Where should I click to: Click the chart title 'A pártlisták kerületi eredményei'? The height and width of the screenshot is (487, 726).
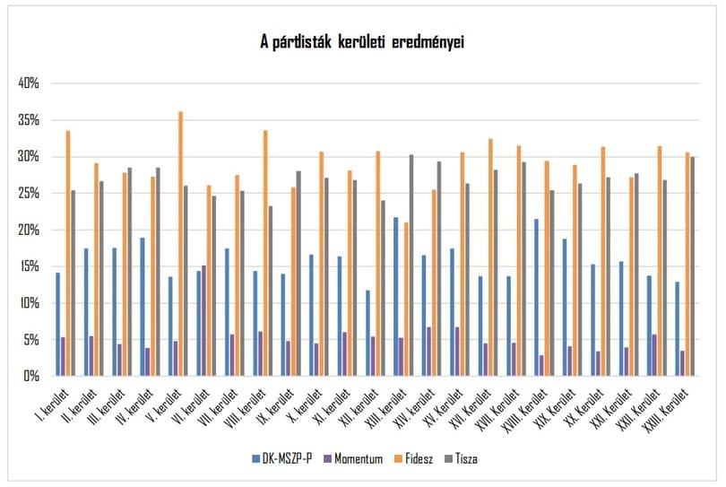tap(362, 42)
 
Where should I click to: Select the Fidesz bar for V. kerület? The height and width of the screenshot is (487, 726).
tap(180, 244)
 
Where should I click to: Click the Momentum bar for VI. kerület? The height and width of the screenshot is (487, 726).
tap(203, 321)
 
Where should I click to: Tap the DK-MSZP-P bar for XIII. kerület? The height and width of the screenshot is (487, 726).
tap(396, 297)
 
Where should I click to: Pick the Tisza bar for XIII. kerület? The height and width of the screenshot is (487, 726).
tap(411, 265)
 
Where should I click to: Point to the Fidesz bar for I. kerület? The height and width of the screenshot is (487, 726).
tap(68, 254)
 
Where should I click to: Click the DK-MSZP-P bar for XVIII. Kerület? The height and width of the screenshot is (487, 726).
tap(537, 298)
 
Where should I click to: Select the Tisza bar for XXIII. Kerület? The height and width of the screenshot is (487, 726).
tap(693, 266)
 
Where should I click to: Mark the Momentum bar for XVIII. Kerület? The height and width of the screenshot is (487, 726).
tap(541, 366)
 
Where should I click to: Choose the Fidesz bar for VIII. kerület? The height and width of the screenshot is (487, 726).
tap(265, 253)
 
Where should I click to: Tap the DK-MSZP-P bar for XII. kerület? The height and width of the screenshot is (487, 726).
tap(367, 333)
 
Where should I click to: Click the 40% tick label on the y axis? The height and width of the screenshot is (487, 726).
tap(29, 83)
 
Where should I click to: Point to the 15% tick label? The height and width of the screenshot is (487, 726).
tap(29, 266)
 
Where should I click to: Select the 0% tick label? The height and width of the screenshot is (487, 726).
tap(31, 376)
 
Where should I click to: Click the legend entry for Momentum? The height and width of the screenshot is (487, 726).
tap(354, 458)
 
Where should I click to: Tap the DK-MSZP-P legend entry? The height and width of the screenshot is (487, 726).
tap(282, 458)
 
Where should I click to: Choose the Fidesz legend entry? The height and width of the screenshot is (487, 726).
tap(413, 458)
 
